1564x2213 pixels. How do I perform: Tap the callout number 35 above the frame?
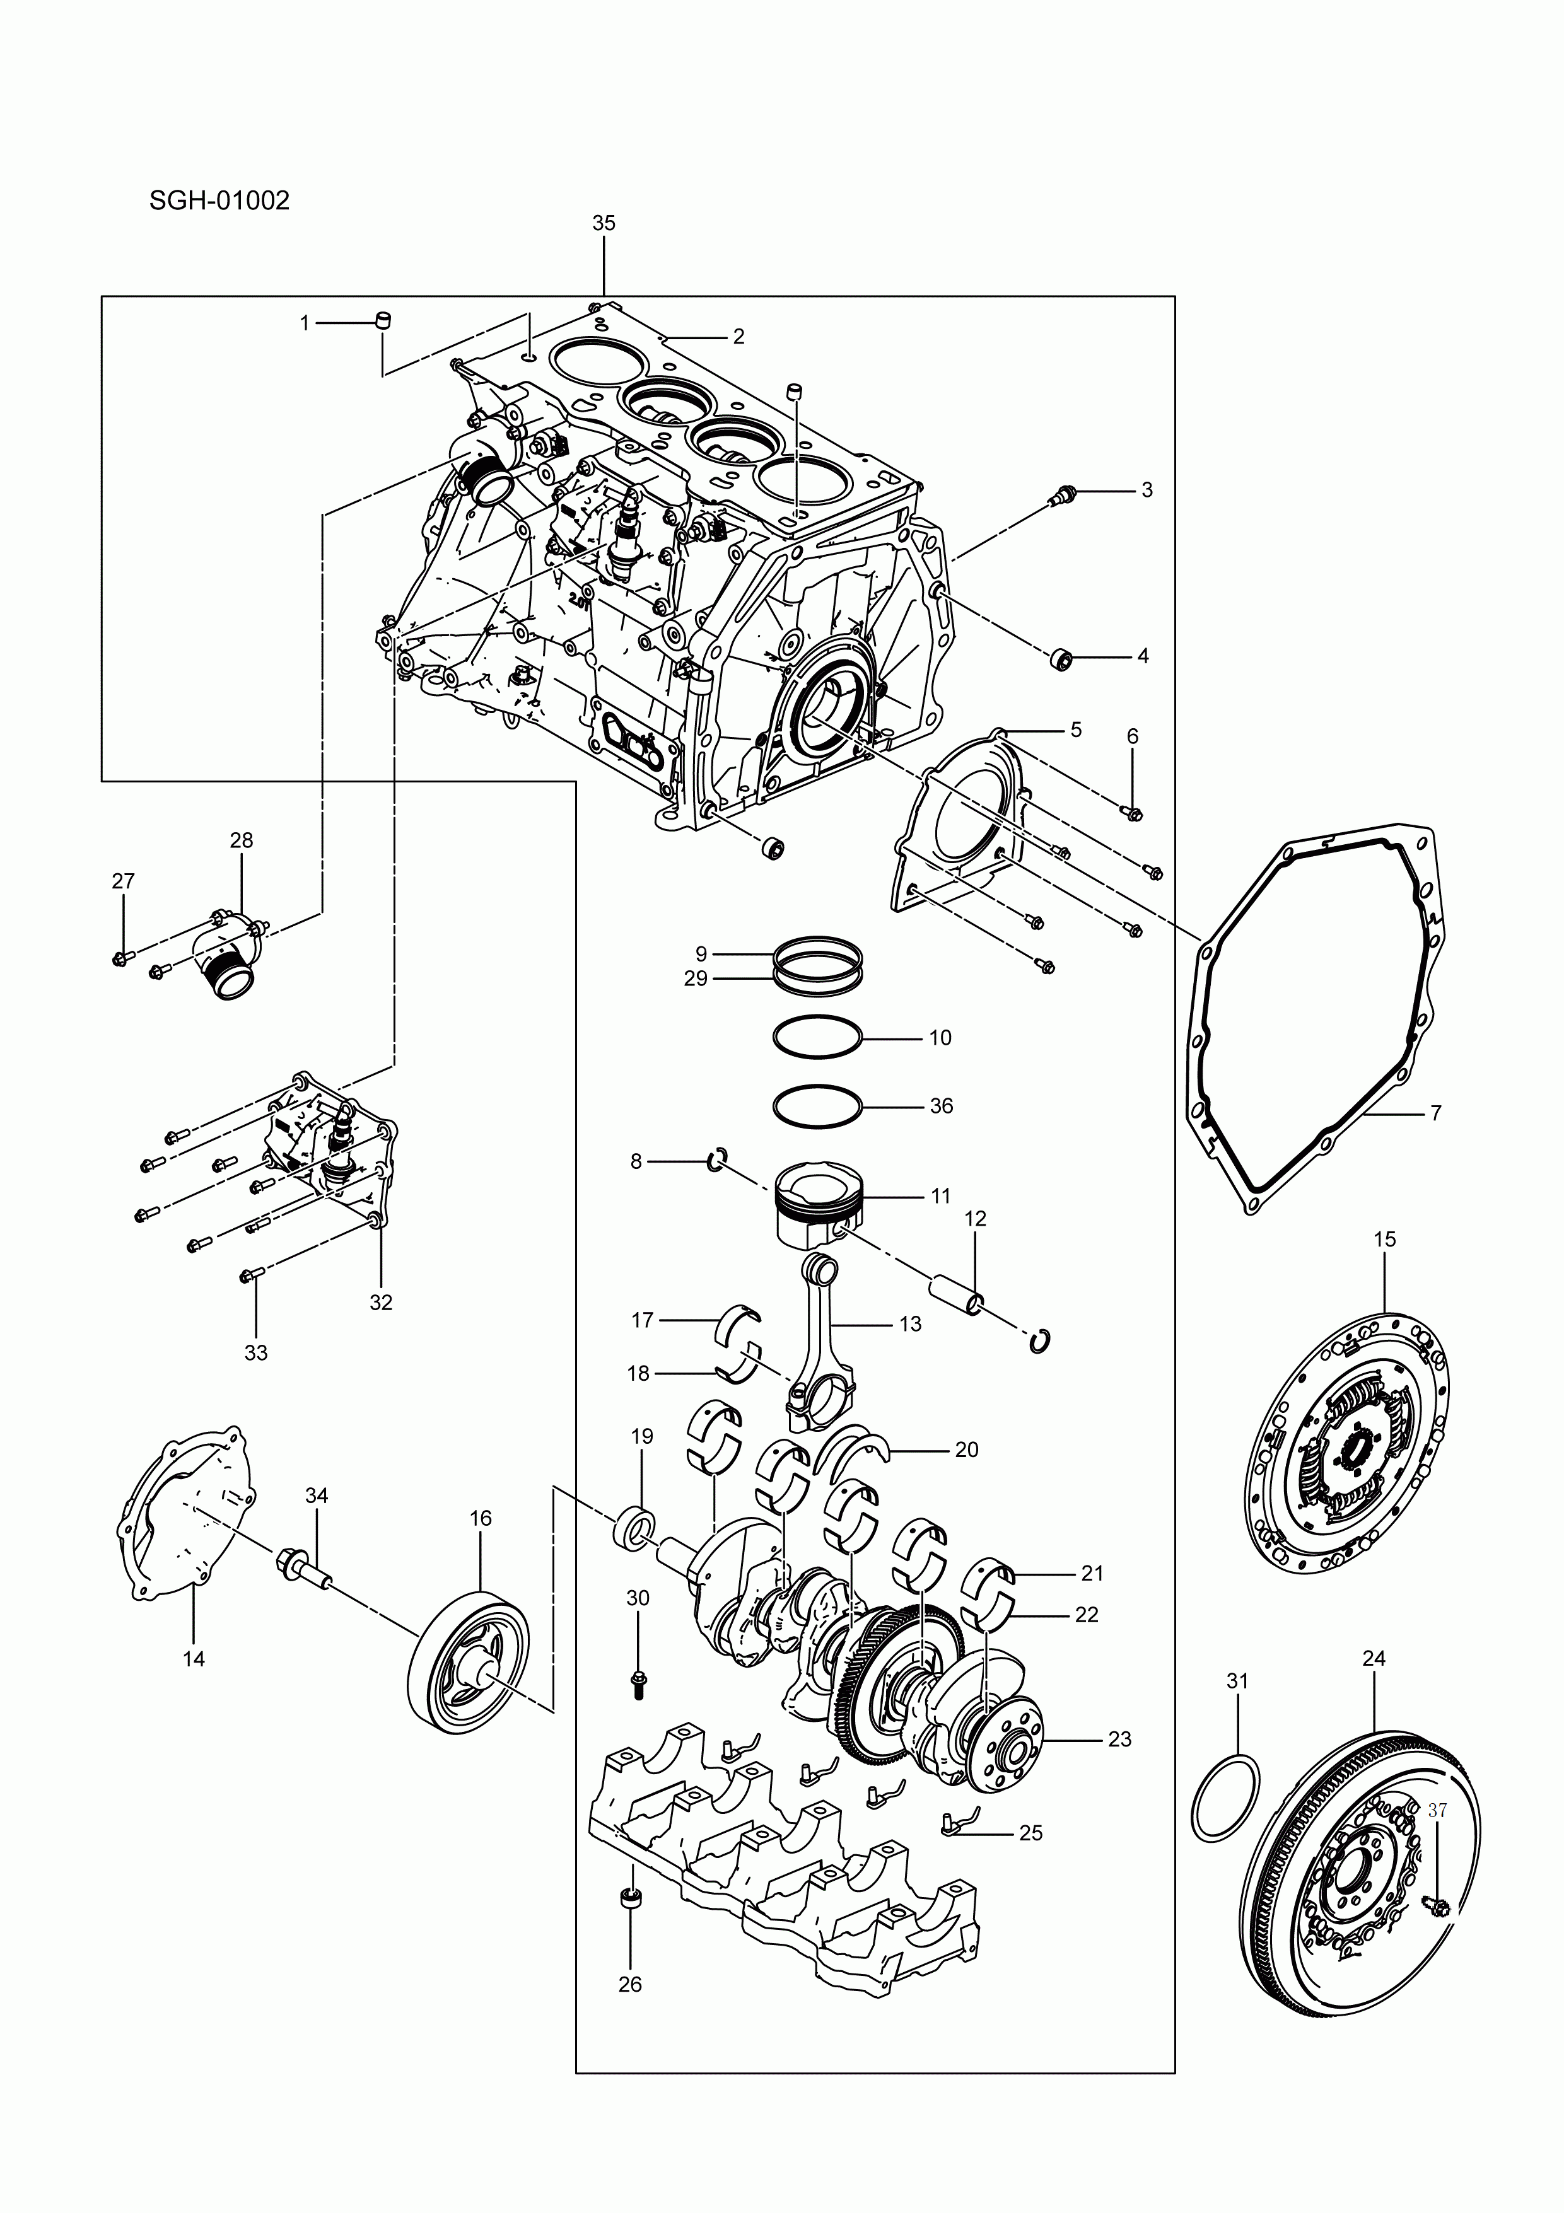[x=603, y=223]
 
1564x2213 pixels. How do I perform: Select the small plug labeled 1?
[x=383, y=320]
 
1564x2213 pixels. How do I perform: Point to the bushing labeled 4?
[x=1061, y=659]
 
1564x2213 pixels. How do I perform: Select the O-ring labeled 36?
[x=817, y=1105]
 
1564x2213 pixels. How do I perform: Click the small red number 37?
[x=1437, y=1811]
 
